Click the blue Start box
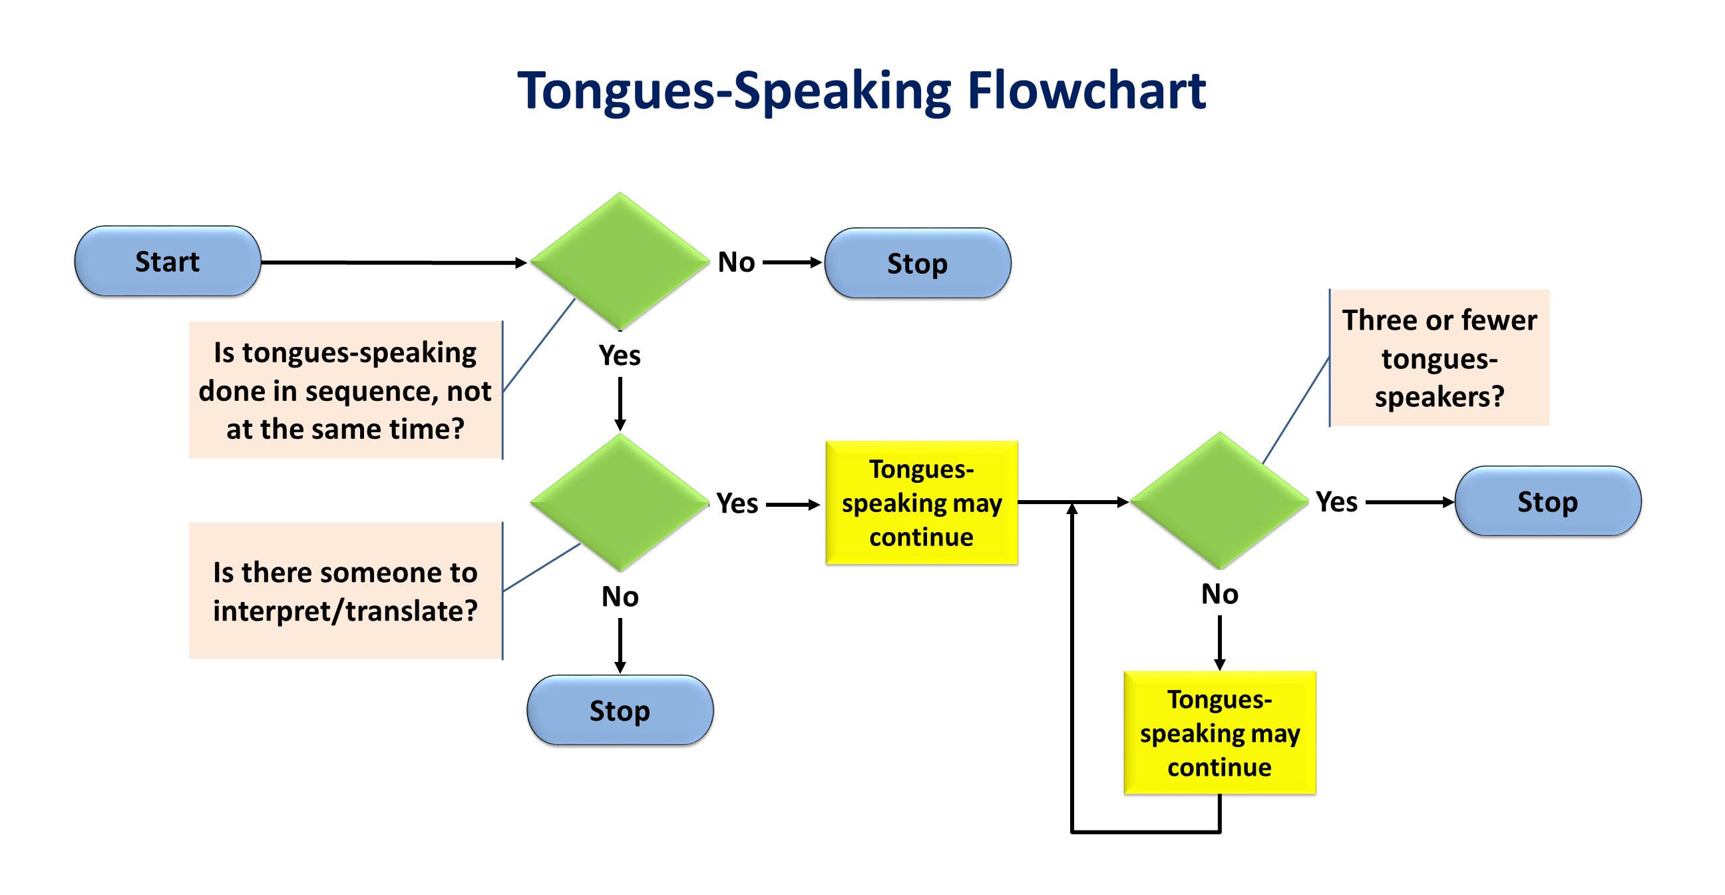point(168,261)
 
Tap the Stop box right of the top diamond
point(918,263)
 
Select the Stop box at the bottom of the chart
point(620,710)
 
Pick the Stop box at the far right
point(1547,501)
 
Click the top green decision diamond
point(620,261)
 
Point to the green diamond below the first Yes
point(620,502)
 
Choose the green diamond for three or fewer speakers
point(1219,501)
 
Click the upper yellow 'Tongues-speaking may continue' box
point(922,502)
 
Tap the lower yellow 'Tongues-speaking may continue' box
point(1219,733)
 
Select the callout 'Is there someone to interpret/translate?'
point(345,591)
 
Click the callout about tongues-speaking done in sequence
point(345,390)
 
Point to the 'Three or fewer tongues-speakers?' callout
point(1439,358)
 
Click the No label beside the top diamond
point(737,262)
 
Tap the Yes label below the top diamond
point(620,355)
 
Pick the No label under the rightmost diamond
point(1219,593)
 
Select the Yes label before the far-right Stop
point(1336,501)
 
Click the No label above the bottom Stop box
point(620,596)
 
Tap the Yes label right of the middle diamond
point(737,503)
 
